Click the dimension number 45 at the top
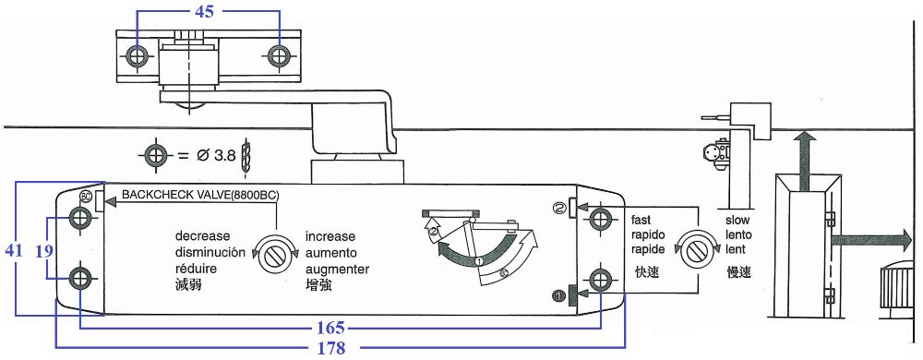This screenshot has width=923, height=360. coord(204,11)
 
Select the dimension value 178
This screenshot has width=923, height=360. coord(330,348)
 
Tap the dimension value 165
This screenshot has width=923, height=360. coord(330,329)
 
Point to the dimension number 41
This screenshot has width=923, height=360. coord(14,250)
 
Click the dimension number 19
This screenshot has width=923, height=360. coord(43,251)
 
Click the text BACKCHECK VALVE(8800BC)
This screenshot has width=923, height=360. coord(200,195)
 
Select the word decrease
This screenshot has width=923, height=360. coord(202,237)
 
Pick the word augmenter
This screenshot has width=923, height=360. coord(337,270)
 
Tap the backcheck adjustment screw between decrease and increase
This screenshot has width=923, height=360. coord(274,255)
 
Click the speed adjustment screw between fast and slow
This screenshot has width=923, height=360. coord(696,250)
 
